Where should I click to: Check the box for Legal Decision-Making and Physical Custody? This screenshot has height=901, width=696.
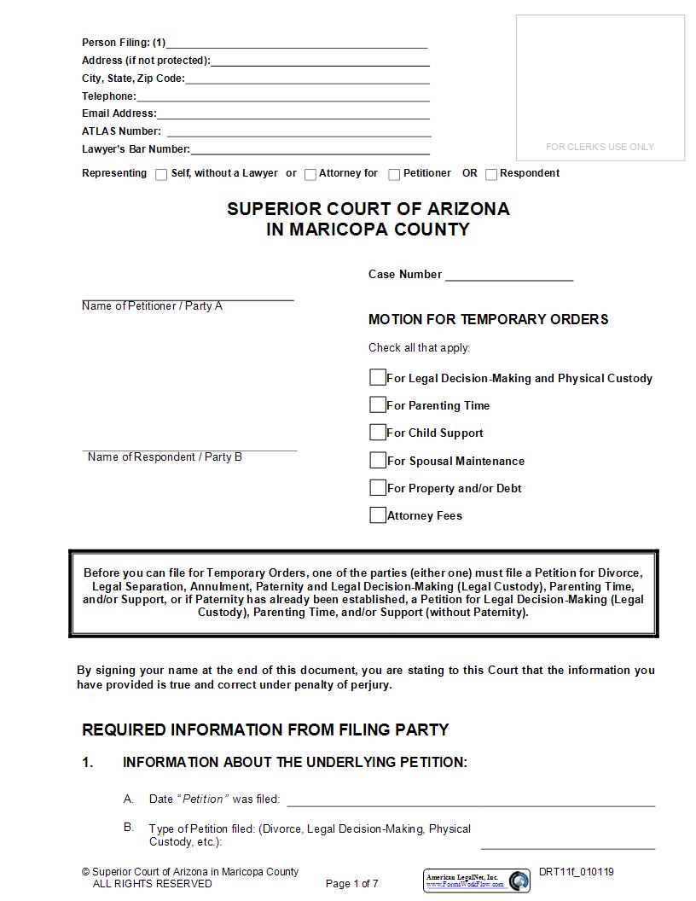[378, 377]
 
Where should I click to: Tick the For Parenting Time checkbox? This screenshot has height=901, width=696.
[378, 404]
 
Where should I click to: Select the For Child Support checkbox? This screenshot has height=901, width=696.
[378, 432]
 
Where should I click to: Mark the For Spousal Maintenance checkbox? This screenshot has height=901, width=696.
[378, 460]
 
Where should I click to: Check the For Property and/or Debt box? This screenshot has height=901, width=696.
[378, 487]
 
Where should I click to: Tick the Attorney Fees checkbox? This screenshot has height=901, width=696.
[378, 514]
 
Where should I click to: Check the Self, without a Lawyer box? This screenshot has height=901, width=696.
[161, 174]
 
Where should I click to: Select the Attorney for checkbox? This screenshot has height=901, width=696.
[310, 174]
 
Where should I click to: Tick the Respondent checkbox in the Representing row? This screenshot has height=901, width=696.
[491, 174]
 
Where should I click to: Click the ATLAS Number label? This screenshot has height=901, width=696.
[121, 131]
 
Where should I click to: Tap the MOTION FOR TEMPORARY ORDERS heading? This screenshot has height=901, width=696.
[488, 319]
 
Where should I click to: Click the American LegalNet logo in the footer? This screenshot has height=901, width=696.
[476, 881]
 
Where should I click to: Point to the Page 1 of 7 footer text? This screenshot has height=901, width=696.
[351, 884]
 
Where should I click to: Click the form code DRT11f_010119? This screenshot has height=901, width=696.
[576, 872]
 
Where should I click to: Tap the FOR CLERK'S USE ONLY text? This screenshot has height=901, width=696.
[600, 147]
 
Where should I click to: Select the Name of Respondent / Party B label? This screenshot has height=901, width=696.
[165, 457]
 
